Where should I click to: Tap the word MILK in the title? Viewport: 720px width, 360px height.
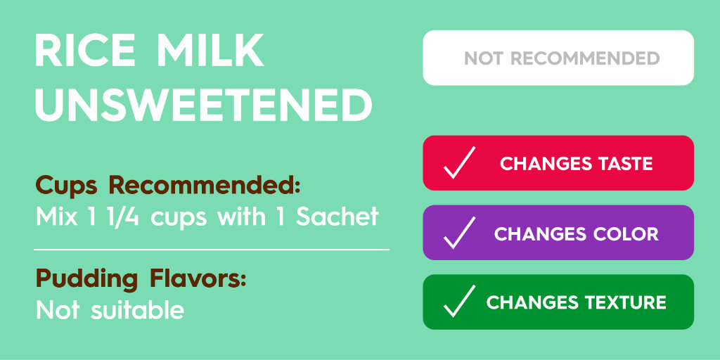coord(210,52)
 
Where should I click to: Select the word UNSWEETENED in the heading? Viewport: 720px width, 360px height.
coord(203,105)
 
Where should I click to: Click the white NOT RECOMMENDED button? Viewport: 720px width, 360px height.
coord(558,58)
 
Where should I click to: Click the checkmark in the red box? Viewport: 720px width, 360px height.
coord(459,163)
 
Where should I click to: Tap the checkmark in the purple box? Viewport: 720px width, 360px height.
coord(459,233)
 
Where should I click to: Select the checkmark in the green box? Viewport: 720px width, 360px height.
coord(459,302)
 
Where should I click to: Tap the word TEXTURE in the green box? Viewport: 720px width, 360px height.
coord(626,302)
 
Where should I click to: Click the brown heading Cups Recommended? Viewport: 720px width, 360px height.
coord(169,186)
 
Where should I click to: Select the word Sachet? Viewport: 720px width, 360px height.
coord(337,217)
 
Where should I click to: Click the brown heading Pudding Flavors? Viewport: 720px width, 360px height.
coord(141,278)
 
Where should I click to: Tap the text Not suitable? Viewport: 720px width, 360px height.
coord(110,309)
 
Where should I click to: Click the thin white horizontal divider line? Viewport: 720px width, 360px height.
coord(211,249)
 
